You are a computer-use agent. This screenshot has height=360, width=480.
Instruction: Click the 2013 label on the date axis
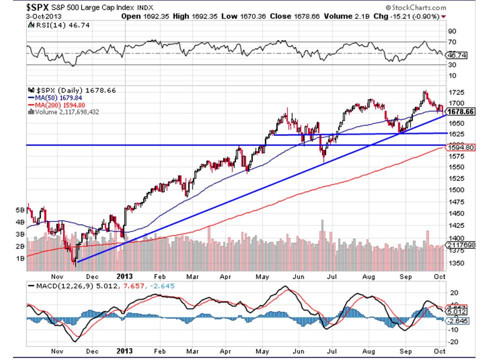(124, 274)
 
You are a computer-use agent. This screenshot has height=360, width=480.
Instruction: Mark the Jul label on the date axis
(332, 274)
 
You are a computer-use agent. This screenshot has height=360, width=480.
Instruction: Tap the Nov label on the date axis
(57, 274)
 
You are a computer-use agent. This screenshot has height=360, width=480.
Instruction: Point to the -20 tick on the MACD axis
(453, 342)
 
